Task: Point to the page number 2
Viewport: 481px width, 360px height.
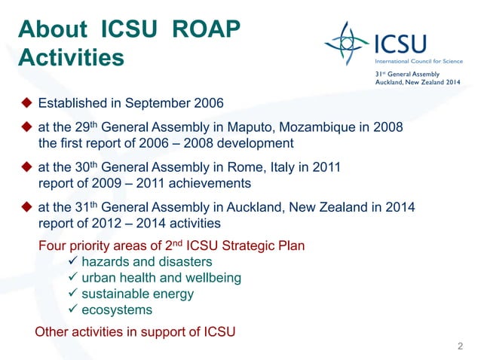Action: pyautogui.click(x=460, y=346)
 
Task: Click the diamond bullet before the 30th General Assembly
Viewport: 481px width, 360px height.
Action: pyautogui.click(x=25, y=169)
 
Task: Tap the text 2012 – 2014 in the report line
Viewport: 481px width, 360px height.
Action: pyautogui.click(x=123, y=224)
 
